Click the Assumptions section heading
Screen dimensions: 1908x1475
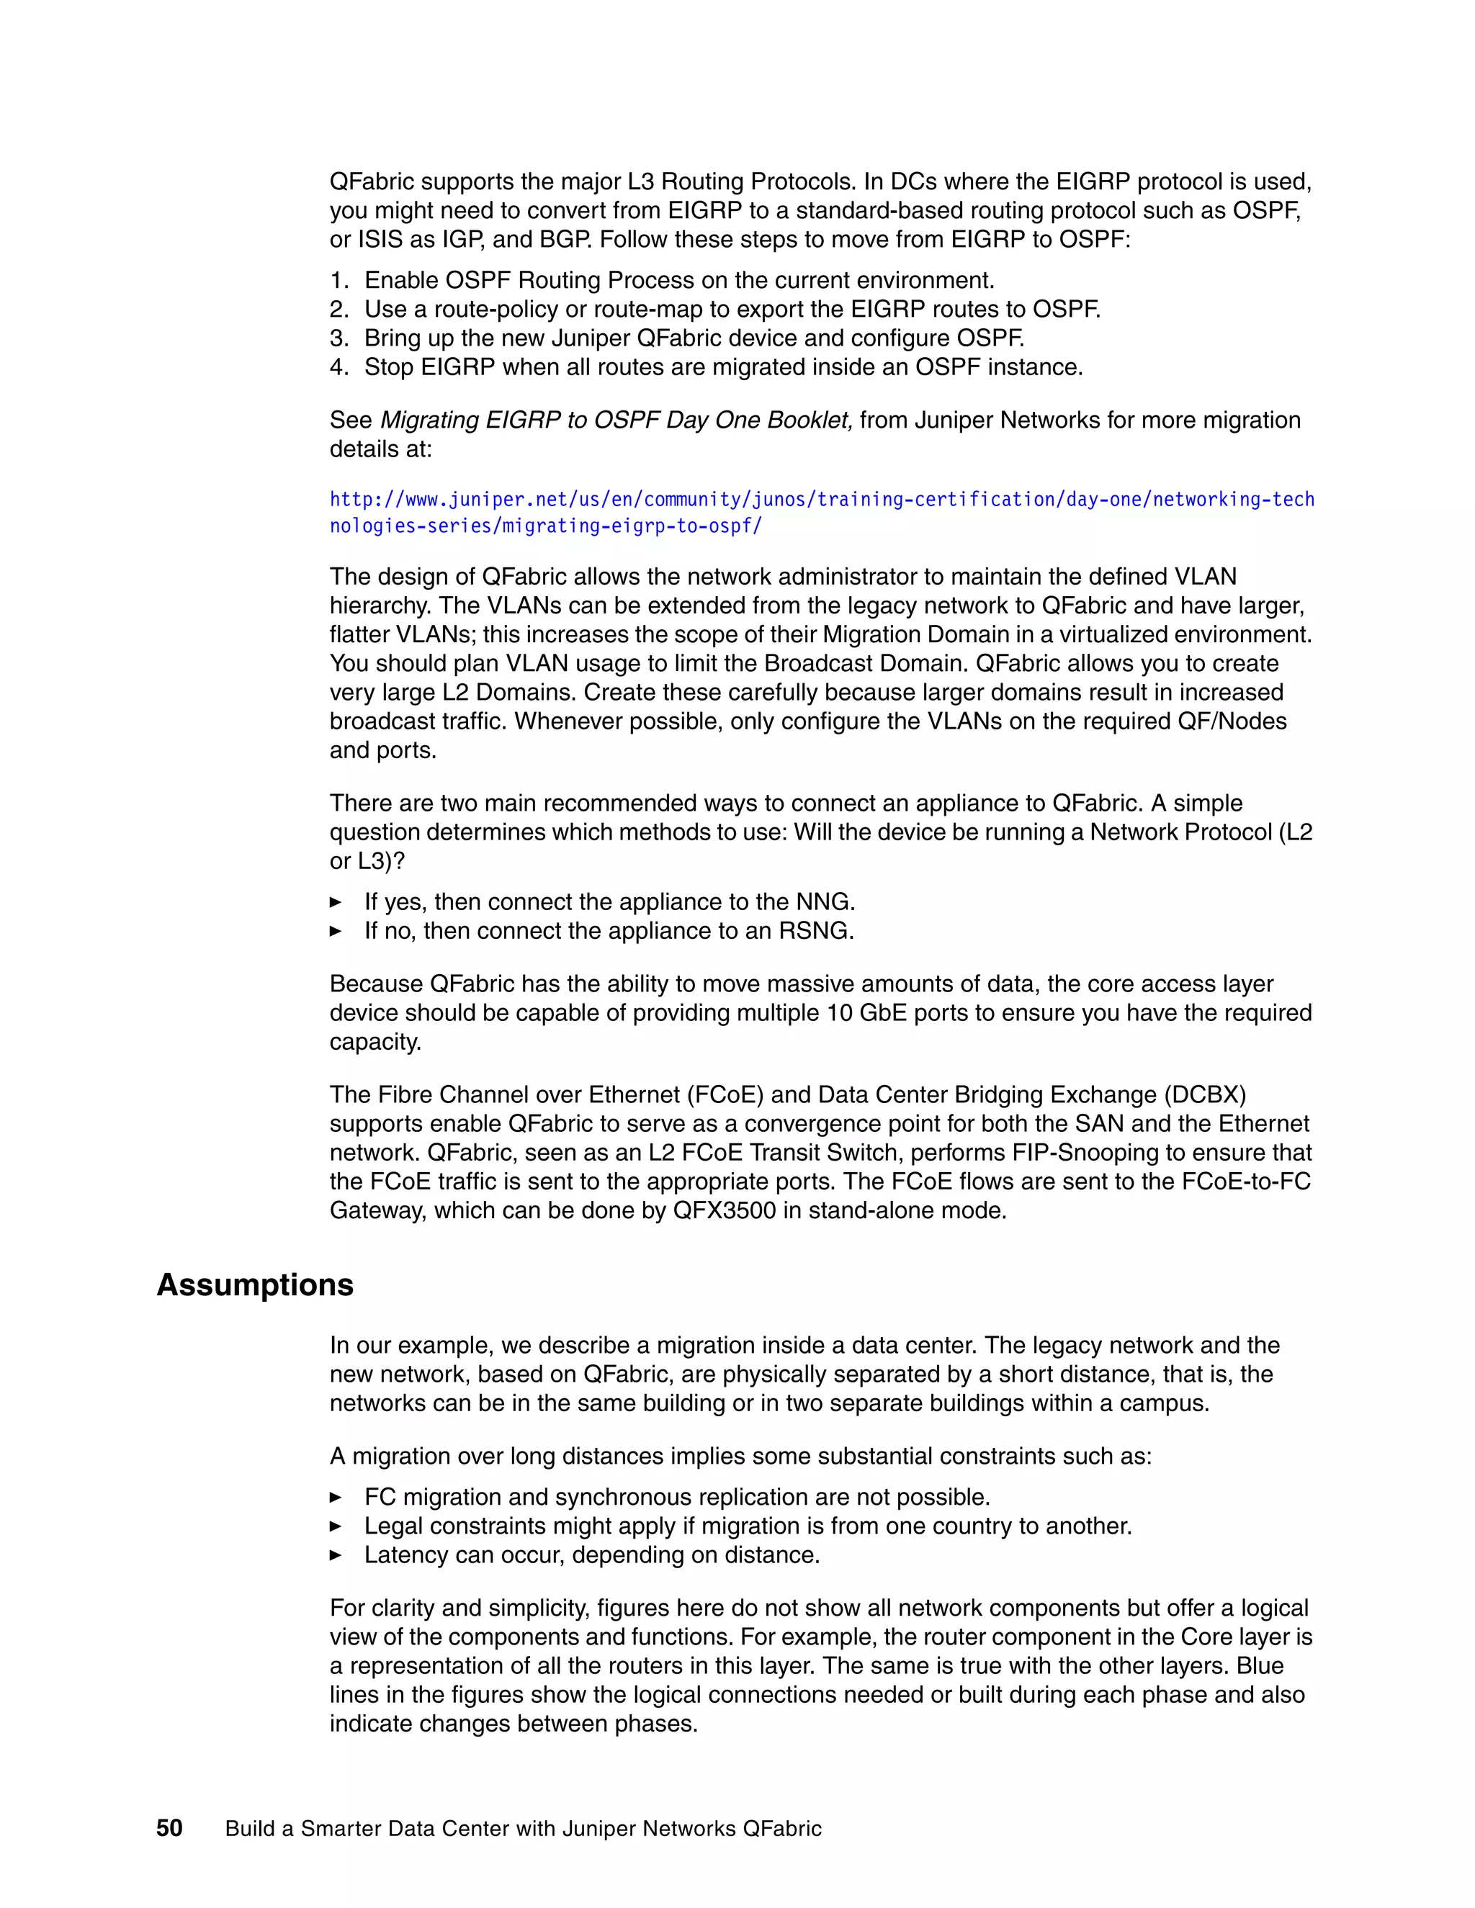pyautogui.click(x=254, y=1285)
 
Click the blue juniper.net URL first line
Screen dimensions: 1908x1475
pyautogui.click(x=821, y=500)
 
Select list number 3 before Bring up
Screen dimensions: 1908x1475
pyautogui.click(x=339, y=338)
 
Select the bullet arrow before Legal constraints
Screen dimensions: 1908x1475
pyautogui.click(x=336, y=1526)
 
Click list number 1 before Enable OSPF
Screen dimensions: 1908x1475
pyautogui.click(x=339, y=280)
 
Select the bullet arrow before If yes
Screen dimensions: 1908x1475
pyautogui.click(x=336, y=901)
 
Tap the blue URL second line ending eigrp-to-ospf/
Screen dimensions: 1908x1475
pyautogui.click(x=545, y=526)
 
